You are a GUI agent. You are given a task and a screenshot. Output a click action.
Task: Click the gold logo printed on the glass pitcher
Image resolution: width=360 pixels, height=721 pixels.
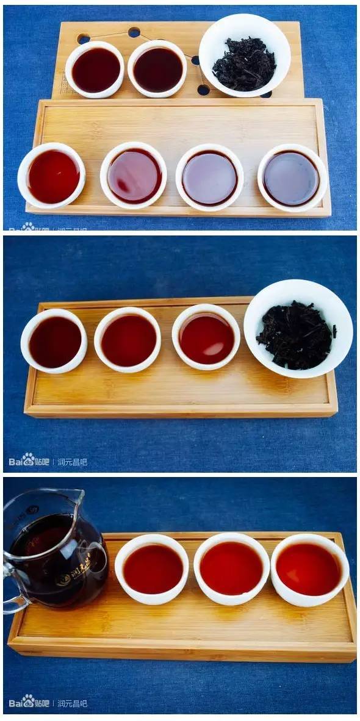[72, 577]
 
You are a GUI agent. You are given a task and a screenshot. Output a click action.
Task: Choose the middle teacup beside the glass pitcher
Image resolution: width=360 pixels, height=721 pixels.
[231, 569]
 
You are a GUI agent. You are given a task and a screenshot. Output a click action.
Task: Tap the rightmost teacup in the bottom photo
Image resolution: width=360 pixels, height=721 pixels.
[309, 569]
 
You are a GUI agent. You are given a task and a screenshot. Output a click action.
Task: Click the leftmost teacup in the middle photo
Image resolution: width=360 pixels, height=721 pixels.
[54, 342]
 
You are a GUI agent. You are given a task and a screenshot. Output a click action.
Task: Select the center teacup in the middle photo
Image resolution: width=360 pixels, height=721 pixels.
[128, 340]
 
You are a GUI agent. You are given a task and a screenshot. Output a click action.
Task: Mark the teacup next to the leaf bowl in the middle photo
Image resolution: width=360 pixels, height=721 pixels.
[206, 337]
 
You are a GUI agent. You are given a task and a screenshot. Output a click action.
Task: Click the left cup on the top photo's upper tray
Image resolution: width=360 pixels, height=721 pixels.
[95, 70]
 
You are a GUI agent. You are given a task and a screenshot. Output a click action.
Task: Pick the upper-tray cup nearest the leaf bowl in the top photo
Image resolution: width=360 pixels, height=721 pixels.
[158, 69]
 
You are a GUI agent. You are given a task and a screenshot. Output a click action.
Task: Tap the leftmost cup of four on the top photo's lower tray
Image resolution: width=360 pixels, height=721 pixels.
[52, 176]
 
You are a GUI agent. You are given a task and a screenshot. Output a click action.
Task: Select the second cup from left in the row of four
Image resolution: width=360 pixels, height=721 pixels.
[134, 176]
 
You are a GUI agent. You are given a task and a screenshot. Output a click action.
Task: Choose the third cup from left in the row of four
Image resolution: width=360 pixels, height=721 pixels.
[210, 178]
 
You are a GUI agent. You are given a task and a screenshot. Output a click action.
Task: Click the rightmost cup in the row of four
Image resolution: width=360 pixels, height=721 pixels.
[292, 178]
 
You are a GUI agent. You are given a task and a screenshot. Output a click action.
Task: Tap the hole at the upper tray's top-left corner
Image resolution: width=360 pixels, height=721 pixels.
[84, 39]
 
